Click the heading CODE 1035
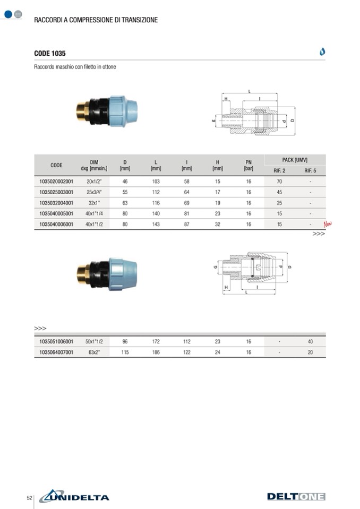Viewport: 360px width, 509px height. pos(50,53)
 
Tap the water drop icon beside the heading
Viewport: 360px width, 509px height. pos(322,51)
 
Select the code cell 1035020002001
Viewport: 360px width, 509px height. pos(56,182)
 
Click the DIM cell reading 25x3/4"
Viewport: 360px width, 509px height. pos(94,192)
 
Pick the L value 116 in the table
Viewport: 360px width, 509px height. pos(156,203)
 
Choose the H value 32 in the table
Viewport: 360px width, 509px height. pos(218,225)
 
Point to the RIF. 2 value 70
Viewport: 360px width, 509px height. pos(279,182)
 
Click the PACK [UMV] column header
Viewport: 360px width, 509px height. pos(295,160)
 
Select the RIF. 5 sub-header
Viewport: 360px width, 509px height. pos(310,171)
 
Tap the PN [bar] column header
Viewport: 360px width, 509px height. pos(248,165)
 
